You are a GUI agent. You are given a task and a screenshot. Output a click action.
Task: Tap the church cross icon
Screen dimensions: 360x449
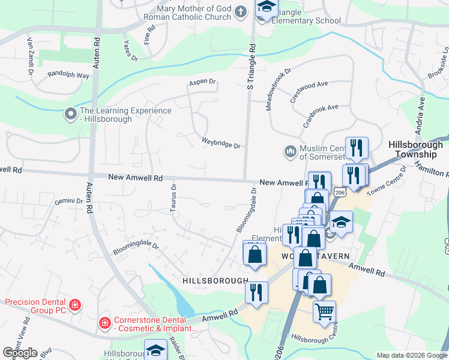(241, 12)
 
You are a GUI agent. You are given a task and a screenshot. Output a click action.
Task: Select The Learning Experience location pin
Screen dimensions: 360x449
(71, 113)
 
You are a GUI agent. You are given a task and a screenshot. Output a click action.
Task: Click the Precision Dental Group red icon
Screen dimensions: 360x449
(75, 305)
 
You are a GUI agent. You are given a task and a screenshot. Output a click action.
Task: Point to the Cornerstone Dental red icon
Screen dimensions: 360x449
(105, 324)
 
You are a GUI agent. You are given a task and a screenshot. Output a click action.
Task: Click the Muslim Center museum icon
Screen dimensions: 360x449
(291, 151)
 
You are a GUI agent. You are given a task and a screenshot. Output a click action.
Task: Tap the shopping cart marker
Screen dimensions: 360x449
(324, 311)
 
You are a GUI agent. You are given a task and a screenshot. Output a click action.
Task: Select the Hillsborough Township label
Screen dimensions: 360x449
(415, 149)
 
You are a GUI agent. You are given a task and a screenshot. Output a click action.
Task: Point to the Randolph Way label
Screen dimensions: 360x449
(68, 76)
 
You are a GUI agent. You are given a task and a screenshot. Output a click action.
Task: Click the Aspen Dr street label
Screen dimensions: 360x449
(202, 82)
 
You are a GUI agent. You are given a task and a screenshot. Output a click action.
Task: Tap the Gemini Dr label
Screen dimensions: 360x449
(68, 201)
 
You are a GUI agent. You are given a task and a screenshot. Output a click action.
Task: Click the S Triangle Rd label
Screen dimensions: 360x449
(252, 66)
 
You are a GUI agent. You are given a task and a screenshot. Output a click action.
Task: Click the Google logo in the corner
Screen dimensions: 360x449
(20, 352)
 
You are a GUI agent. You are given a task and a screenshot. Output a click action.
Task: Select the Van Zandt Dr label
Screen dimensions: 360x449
(29, 55)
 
